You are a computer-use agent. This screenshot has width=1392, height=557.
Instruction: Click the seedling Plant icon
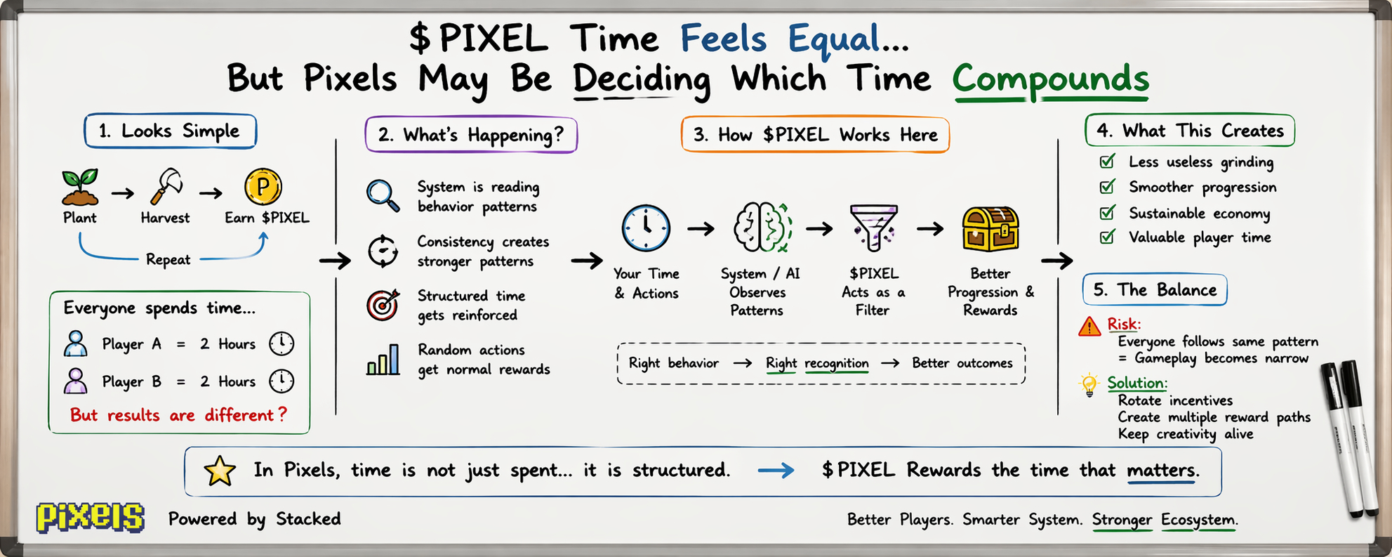[80, 187]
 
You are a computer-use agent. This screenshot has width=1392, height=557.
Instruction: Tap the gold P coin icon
[263, 187]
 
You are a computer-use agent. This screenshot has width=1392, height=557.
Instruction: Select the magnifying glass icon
[383, 195]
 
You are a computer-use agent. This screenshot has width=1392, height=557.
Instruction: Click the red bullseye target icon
[383, 305]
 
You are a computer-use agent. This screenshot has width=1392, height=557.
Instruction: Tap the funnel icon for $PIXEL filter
[873, 228]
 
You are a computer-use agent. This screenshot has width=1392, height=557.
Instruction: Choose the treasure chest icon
[990, 229]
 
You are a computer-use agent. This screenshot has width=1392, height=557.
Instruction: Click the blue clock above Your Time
[646, 228]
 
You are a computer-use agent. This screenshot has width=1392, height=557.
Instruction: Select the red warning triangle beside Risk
[1089, 326]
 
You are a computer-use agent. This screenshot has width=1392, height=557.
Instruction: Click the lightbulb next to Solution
[1089, 385]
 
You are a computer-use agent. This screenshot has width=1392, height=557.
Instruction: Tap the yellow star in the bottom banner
[220, 471]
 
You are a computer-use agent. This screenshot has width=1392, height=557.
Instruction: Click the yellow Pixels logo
[91, 518]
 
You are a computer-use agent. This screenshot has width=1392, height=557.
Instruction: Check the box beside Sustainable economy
[1108, 212]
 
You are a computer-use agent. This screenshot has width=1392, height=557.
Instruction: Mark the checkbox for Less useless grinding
[1108, 162]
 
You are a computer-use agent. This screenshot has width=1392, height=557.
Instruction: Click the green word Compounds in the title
[1051, 79]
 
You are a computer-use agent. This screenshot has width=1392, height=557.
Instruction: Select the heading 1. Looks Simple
[169, 131]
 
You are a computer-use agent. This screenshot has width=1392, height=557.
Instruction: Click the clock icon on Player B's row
[281, 381]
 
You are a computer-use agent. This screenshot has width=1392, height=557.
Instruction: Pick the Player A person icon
[76, 343]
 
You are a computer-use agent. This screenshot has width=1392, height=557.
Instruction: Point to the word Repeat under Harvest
[168, 260]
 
